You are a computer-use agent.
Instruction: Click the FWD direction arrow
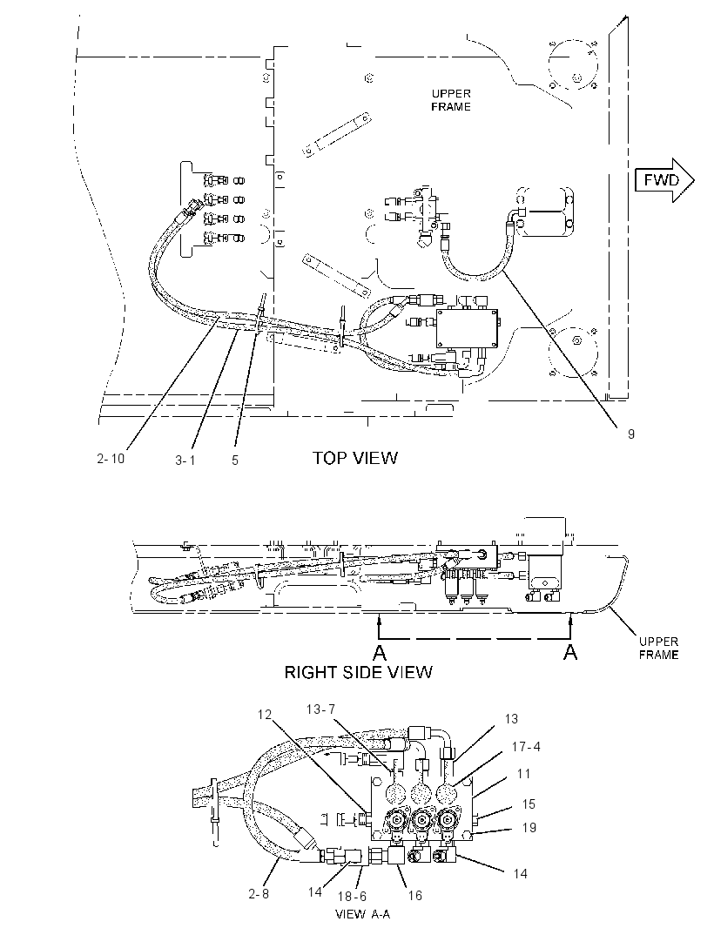click(x=663, y=180)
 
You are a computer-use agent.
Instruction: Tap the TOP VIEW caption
click(x=355, y=458)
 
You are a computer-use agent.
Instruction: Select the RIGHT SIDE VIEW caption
click(x=358, y=672)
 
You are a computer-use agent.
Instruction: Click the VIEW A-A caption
click(x=363, y=914)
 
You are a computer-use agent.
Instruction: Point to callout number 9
click(x=631, y=434)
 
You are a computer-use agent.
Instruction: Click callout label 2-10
click(x=111, y=458)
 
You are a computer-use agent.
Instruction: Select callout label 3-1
click(x=185, y=460)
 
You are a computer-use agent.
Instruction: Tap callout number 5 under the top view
click(x=235, y=460)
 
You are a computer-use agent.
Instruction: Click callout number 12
click(x=264, y=715)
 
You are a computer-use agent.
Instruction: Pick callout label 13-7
click(x=321, y=709)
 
